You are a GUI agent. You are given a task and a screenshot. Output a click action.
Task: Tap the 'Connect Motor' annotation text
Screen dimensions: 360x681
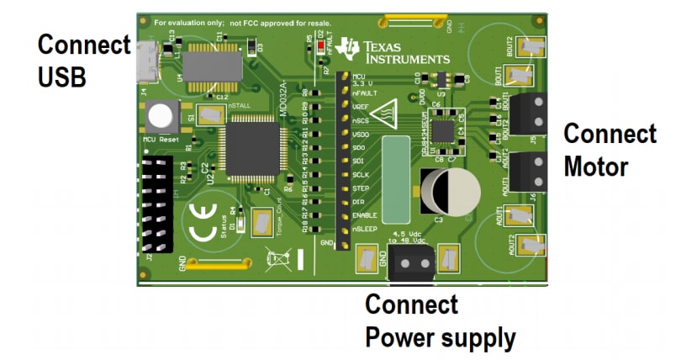(x=609, y=150)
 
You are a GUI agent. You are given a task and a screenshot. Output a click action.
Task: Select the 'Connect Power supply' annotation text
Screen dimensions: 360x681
(x=438, y=321)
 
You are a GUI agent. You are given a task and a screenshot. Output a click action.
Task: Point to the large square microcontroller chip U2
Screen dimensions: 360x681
(x=253, y=146)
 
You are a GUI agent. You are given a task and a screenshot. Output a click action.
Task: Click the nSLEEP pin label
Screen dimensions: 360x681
(x=367, y=229)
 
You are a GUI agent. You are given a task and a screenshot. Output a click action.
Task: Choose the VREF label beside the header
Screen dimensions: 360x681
(x=362, y=107)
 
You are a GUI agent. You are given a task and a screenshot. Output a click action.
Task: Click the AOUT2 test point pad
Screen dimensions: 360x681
(x=528, y=245)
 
